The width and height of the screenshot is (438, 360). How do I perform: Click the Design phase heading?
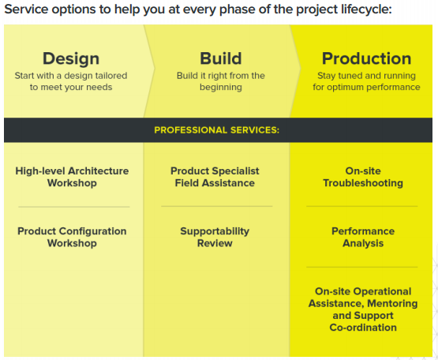coord(71,58)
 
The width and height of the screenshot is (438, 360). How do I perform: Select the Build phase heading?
coord(221,58)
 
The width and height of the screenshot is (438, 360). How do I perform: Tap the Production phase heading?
coord(366,58)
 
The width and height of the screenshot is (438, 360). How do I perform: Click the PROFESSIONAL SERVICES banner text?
coord(217,130)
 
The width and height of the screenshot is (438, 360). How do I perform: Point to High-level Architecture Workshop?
coord(72,177)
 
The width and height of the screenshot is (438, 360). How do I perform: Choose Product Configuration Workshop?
coord(72,237)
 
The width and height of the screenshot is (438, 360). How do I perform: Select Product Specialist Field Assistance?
coord(215,177)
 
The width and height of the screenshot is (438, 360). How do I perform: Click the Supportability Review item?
coord(215,237)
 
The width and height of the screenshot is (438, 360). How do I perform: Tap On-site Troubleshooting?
coord(363,177)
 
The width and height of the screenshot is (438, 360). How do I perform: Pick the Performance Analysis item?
coord(363,237)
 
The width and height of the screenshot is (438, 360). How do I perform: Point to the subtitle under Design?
coord(71,81)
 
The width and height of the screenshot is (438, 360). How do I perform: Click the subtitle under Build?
coord(221,81)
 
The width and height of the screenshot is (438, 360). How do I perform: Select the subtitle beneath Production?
coord(366,81)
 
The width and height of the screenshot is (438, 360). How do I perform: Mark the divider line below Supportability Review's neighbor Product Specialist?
coord(217,206)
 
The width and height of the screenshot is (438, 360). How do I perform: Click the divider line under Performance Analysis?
coord(362,267)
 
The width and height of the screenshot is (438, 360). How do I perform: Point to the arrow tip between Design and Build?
coord(155,68)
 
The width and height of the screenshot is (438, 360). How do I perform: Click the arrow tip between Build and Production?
coord(301,68)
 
